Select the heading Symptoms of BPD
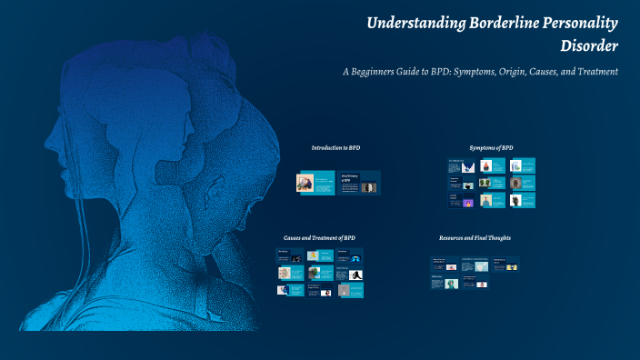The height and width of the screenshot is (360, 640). [491, 147]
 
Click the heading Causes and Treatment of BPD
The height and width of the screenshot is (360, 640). [319, 237]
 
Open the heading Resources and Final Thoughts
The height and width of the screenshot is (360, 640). [475, 237]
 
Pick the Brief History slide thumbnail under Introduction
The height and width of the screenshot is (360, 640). [359, 183]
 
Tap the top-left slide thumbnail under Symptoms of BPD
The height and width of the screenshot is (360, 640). [461, 166]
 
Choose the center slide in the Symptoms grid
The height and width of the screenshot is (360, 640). [491, 183]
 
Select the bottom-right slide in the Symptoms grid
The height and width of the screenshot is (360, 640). [522, 200]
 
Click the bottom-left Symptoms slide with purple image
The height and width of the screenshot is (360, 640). [461, 200]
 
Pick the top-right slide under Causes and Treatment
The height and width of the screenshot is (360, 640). [351, 255]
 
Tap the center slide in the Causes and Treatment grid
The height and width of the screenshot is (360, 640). [321, 273]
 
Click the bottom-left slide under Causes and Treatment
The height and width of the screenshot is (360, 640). [290, 289]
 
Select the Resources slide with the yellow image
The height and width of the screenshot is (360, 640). [505, 265]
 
